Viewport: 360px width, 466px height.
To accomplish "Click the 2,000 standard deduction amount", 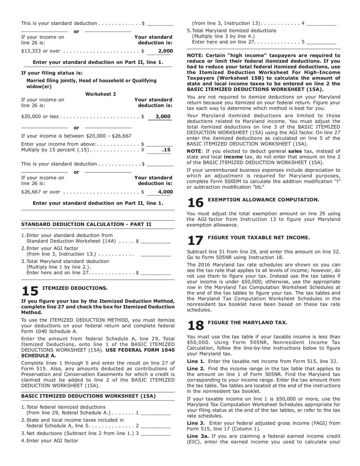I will [x=165, y=51].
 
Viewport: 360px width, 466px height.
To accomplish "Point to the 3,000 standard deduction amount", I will [x=162, y=116].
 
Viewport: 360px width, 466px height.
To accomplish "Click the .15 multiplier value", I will [x=166, y=149].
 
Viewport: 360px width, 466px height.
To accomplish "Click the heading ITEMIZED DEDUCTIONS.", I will [x=75, y=288].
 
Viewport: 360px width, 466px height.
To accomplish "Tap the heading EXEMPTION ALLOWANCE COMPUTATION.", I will [x=263, y=199].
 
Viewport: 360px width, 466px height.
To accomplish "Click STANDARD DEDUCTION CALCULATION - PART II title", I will [x=86, y=224].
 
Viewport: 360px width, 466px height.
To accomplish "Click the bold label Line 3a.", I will [x=197, y=436].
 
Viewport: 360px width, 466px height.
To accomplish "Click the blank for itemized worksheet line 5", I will [x=322, y=42].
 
